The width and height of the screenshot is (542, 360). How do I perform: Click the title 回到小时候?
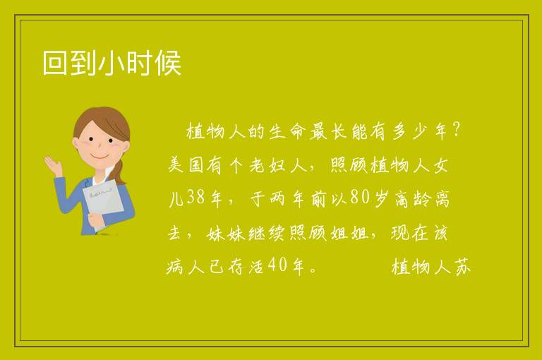(112, 63)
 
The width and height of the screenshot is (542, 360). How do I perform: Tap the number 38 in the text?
(195, 198)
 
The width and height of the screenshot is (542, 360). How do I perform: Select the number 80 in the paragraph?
(360, 197)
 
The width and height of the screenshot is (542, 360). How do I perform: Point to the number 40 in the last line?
(277, 265)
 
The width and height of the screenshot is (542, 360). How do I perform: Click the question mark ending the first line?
(457, 130)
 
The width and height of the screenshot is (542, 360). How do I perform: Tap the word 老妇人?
(278, 165)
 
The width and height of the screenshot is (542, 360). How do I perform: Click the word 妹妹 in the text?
(226, 233)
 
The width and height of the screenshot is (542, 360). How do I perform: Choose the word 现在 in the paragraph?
(409, 233)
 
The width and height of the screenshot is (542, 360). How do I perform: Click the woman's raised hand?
(53, 164)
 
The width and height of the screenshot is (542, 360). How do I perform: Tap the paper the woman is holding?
(102, 200)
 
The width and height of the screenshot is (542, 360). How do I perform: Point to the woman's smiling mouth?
(100, 157)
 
